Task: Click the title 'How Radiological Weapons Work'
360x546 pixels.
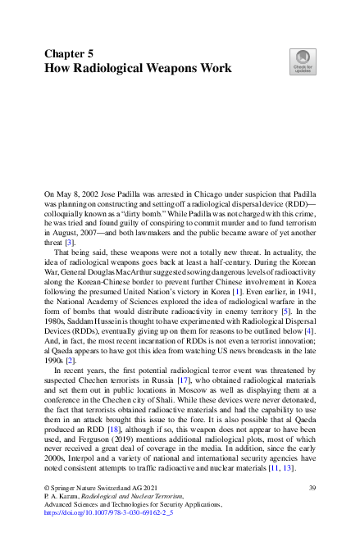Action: click(138, 69)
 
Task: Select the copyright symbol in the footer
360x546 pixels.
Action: click(47, 489)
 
